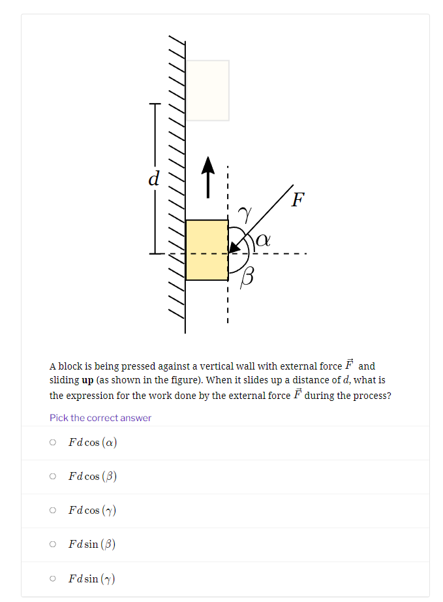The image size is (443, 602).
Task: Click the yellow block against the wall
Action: (207, 249)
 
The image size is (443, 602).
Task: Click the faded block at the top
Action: (207, 90)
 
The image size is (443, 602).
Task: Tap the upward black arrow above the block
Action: (207, 176)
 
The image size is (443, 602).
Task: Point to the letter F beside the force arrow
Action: (298, 199)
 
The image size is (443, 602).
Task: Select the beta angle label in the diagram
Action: (247, 277)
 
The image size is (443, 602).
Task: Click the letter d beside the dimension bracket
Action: (154, 178)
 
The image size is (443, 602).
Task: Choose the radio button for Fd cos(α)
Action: (53, 442)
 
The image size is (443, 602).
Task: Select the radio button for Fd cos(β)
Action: (53, 476)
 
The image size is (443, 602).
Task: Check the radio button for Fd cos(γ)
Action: (53, 510)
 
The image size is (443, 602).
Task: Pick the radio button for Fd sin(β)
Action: (53, 544)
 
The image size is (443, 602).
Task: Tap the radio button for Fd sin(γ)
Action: (53, 578)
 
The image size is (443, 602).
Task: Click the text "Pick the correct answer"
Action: (100, 418)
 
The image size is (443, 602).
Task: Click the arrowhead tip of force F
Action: (230, 251)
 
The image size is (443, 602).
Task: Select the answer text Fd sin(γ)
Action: (92, 578)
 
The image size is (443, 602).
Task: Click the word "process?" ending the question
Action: (371, 395)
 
